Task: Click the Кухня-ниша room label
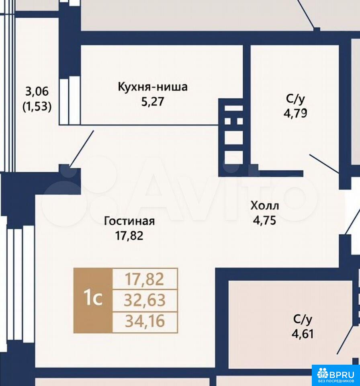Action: [x=153, y=87]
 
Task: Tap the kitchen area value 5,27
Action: [x=153, y=101]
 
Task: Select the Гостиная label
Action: [x=129, y=221]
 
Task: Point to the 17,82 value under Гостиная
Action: [x=129, y=236]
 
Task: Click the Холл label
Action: [x=265, y=205]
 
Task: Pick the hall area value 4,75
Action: [x=264, y=220]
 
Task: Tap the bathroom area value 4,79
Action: [x=295, y=113]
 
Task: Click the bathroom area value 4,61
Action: [x=303, y=334]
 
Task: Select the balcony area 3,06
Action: [x=37, y=92]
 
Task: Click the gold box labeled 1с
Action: [x=93, y=300]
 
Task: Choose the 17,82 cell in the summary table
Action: [x=145, y=279]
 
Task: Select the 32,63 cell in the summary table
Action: [x=145, y=300]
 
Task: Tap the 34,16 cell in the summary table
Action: [x=145, y=322]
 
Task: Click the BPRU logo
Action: [x=335, y=375]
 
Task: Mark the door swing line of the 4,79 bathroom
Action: [x=324, y=164]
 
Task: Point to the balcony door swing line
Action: [x=82, y=149]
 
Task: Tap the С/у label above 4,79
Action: [x=295, y=99]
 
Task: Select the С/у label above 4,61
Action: [x=303, y=319]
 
